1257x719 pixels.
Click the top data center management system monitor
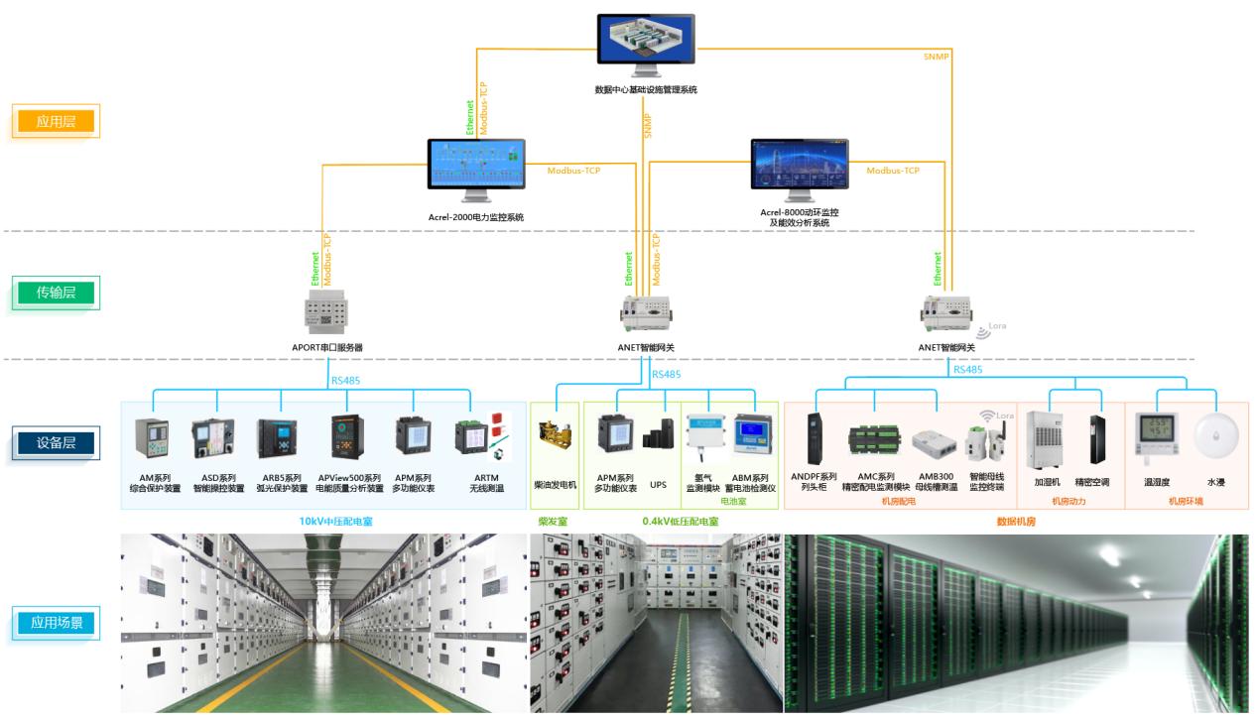point(646,44)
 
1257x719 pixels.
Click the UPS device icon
point(658,438)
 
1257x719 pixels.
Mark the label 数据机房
point(1016,520)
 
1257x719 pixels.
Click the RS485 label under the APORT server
point(345,379)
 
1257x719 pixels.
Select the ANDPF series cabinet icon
point(814,438)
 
